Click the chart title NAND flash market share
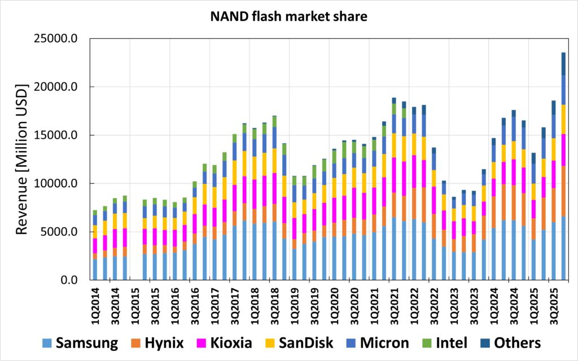[288, 17]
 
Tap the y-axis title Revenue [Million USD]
[22, 160]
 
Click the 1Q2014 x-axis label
[95, 305]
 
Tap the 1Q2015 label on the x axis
[136, 305]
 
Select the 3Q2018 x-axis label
[275, 305]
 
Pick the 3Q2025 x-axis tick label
[554, 305]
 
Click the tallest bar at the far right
[563, 169]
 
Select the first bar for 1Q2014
[95, 248]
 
